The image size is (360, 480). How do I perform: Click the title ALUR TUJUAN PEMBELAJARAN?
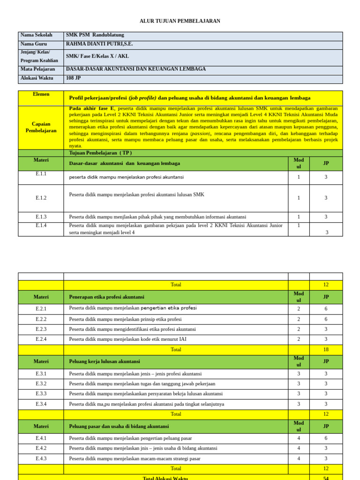[x=180, y=21]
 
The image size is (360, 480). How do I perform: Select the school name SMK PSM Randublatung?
[x=95, y=35]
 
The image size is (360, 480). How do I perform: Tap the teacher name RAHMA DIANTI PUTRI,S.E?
[x=99, y=44]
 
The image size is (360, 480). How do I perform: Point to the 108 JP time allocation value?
[x=74, y=78]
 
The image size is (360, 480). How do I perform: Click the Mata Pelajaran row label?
[x=37, y=69]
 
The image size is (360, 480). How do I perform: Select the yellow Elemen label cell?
[x=41, y=94]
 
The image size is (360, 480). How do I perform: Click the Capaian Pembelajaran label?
[x=41, y=127]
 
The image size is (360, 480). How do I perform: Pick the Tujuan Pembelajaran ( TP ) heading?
[x=100, y=153]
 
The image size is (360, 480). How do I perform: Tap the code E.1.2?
[x=41, y=198]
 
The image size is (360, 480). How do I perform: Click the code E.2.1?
[x=41, y=309]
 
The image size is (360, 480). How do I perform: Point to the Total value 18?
[x=326, y=350]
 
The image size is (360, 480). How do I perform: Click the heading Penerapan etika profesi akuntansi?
[x=106, y=297]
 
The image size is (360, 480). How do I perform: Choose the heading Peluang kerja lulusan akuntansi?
[x=105, y=362]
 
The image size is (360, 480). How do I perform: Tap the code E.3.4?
[x=41, y=404]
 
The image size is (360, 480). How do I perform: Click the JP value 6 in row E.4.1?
[x=326, y=438]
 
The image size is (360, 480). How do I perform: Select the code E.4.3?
[x=41, y=458]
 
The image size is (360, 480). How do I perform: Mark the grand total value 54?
[x=326, y=478]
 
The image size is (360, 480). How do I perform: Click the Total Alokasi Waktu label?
[x=165, y=478]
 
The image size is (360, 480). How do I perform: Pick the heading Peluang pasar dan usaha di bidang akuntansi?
[x=119, y=427]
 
